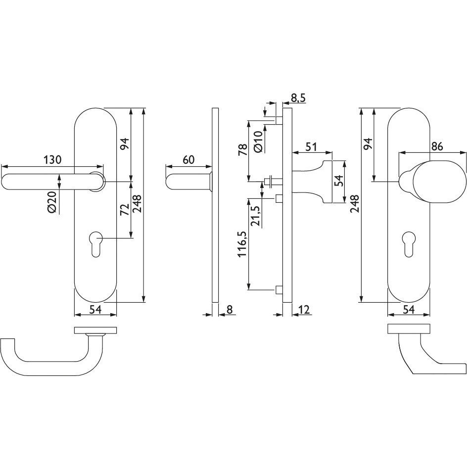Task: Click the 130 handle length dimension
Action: [x=52, y=160]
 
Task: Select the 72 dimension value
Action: [x=125, y=209]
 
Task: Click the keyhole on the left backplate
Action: [x=95, y=243]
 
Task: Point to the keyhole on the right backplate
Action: [x=409, y=243]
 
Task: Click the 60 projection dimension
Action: [x=188, y=160]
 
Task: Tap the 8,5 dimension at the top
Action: [x=298, y=97]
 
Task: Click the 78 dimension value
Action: [x=243, y=149]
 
